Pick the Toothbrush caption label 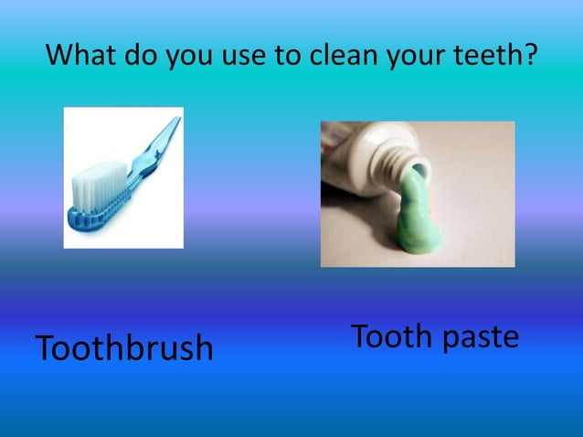pos(124,347)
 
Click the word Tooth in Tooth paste pos(391,336)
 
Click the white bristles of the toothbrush pos(93,183)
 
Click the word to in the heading pos(285,58)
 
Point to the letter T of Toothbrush pos(45,347)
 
